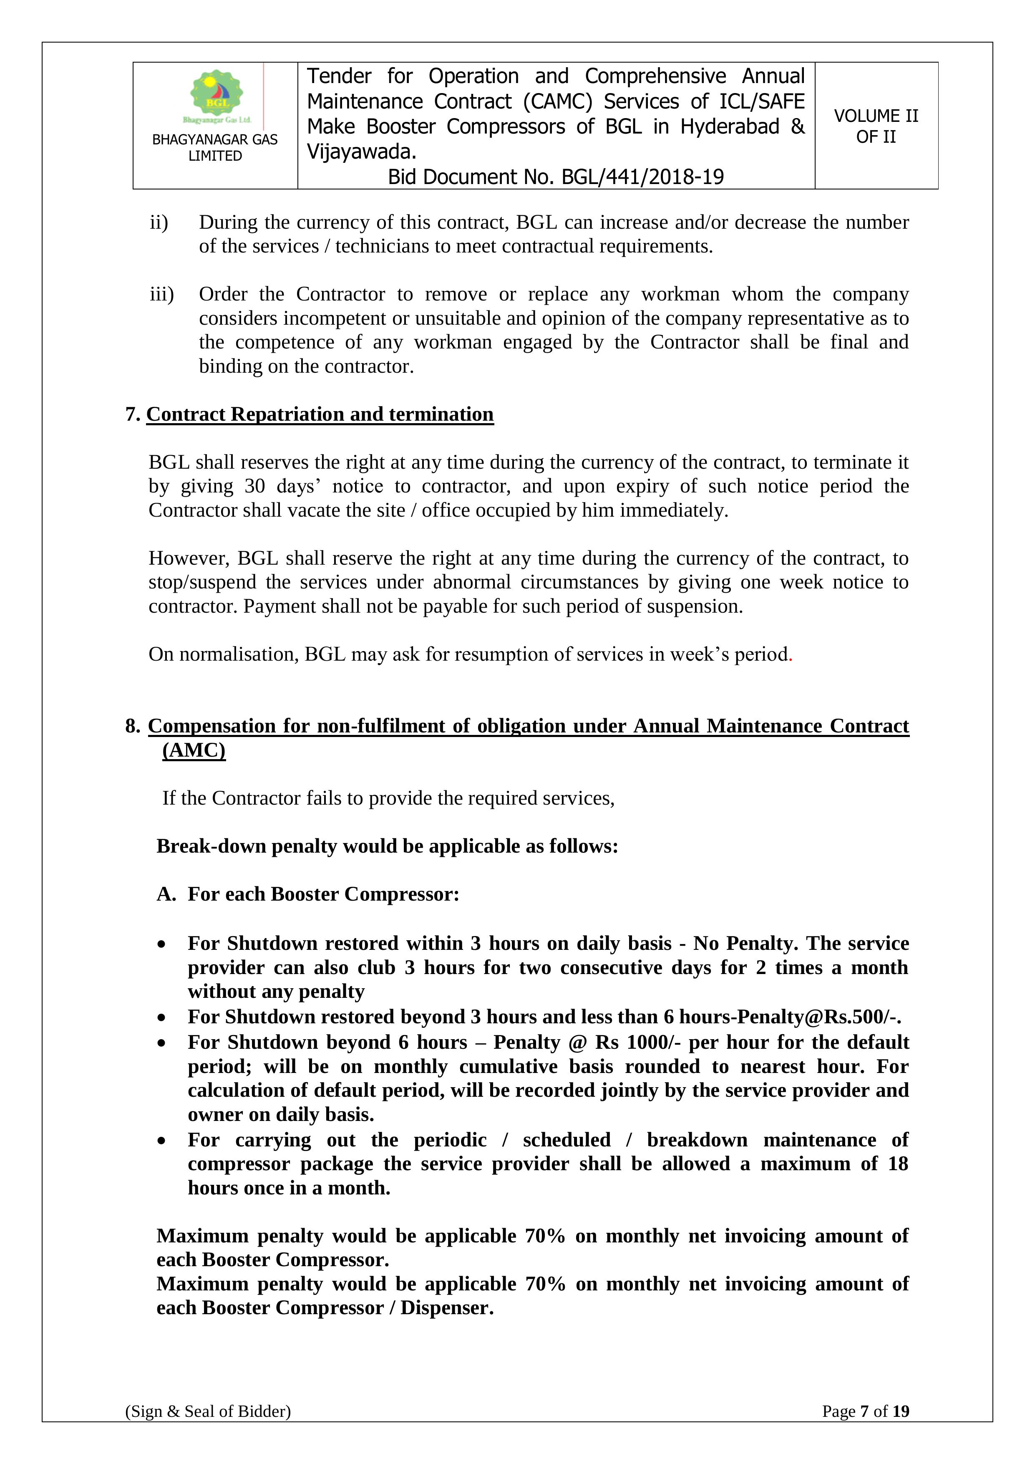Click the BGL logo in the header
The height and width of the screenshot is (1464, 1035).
click(216, 96)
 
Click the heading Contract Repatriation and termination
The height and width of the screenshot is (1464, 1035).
click(320, 414)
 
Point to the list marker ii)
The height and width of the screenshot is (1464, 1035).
click(159, 222)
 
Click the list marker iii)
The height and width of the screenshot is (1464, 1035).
click(162, 295)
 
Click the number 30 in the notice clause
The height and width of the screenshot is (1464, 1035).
click(254, 487)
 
